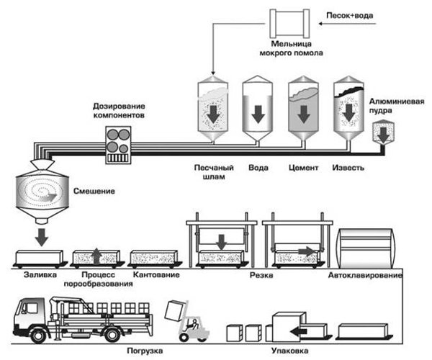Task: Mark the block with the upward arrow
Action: click(96, 257)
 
